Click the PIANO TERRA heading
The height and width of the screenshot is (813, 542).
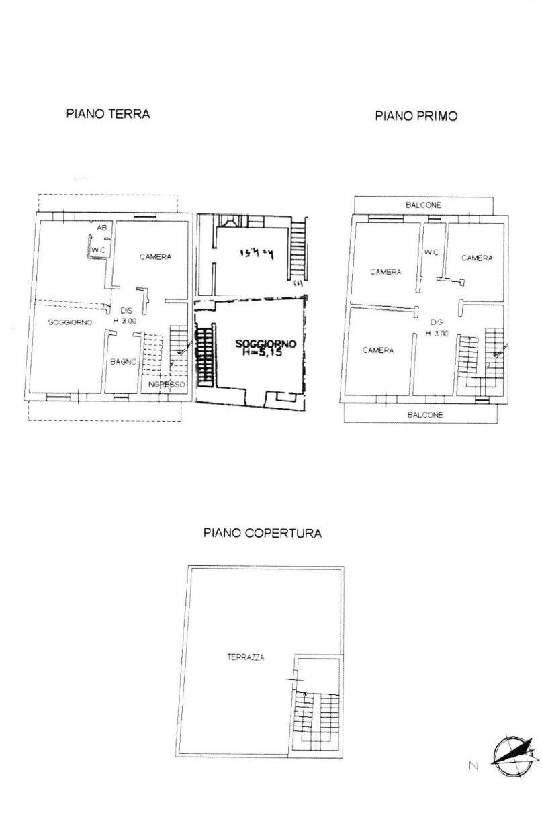coord(107,114)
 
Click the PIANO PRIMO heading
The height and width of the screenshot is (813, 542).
coord(416,116)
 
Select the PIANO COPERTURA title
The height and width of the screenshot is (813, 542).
coord(262,534)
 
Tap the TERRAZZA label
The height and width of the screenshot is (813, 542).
coord(245,657)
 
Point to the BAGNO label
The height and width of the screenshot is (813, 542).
coord(124,361)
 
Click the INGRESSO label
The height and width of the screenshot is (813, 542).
coord(166,385)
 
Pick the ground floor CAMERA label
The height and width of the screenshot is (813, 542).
coord(155,256)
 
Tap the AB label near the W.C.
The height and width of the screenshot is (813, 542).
coord(101,228)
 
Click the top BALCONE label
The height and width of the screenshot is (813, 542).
coord(423,205)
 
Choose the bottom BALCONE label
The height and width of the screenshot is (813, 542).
coord(425,415)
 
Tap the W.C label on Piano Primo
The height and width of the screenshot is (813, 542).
coord(431,252)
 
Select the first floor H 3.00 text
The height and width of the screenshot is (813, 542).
coord(437,334)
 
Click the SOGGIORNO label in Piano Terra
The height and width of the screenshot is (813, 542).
coord(70,322)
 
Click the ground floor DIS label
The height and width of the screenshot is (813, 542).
coord(126,311)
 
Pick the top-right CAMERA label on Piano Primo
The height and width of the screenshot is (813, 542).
coord(477,258)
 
